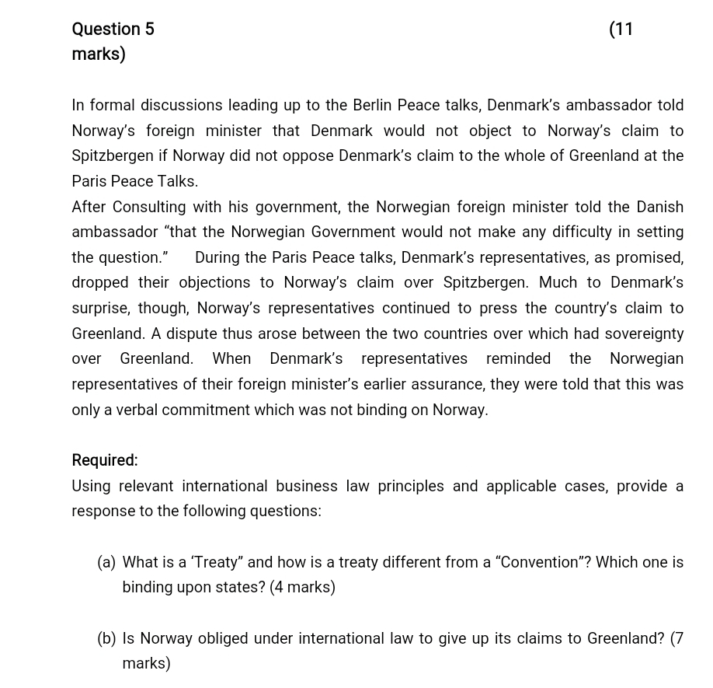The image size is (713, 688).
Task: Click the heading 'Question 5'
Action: point(113,30)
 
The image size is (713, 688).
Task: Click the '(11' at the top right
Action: point(621,30)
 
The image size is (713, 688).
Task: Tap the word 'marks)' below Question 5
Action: point(99,54)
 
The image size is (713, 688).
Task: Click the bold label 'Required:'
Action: point(105,460)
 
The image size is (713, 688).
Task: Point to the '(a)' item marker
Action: point(106,562)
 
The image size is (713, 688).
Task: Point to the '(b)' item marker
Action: point(106,638)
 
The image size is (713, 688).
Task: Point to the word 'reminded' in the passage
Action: point(518,358)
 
